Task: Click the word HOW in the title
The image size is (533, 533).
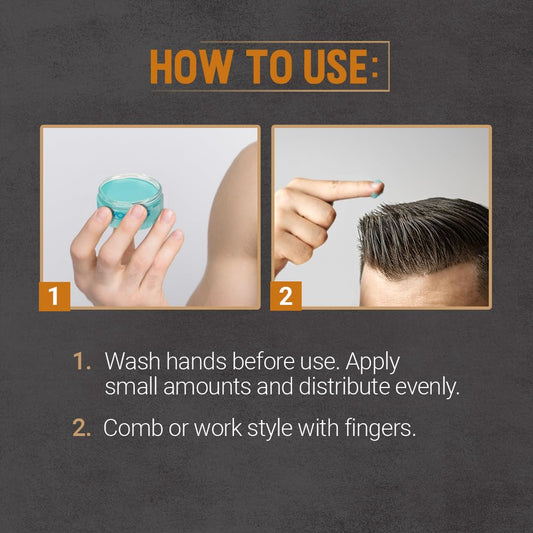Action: (192, 67)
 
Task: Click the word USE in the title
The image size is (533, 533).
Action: (336, 67)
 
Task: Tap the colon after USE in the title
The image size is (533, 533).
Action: (375, 67)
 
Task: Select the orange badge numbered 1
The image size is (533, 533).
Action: (54, 296)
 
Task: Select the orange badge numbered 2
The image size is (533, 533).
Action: (286, 296)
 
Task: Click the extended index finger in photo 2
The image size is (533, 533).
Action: (337, 189)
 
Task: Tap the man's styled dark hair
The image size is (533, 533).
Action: (425, 238)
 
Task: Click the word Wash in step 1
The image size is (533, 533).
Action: (132, 361)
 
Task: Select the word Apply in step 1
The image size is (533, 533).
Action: (373, 363)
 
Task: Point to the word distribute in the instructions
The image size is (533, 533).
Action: (344, 386)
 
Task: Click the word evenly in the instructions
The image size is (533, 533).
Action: (427, 388)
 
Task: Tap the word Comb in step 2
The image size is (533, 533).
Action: (133, 428)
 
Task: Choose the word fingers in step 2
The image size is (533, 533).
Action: (380, 429)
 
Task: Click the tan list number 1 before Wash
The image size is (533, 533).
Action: (82, 361)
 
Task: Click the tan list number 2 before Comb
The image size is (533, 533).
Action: (82, 428)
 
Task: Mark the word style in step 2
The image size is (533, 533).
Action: (270, 429)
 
